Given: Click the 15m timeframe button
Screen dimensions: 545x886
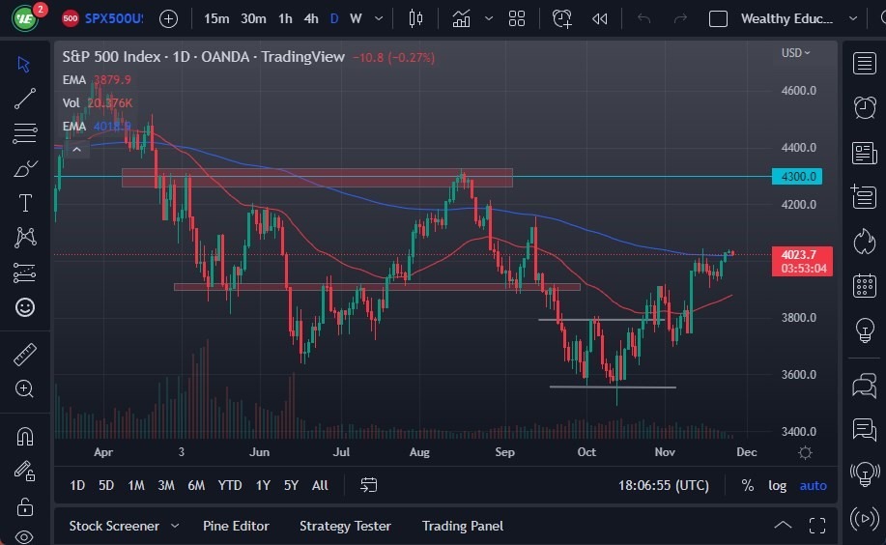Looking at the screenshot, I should click(x=217, y=18).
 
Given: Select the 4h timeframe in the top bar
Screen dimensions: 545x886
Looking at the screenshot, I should click(x=310, y=18).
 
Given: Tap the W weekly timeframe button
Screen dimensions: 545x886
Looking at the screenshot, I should click(x=356, y=18).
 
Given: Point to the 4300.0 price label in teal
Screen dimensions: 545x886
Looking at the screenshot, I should click(x=799, y=176).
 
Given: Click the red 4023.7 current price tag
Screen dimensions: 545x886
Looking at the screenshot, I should click(x=801, y=255).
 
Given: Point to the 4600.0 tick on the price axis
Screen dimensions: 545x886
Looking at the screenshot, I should click(x=799, y=91).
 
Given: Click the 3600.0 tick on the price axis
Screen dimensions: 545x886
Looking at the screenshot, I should click(x=799, y=375).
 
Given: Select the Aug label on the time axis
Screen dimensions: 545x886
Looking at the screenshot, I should click(x=418, y=451).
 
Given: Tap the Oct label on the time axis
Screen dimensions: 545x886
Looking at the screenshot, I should click(x=586, y=451).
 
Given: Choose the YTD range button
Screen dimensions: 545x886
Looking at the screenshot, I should click(x=230, y=485).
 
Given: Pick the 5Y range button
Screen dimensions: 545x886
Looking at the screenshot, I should click(x=291, y=485).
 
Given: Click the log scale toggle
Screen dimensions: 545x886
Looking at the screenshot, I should click(x=777, y=485).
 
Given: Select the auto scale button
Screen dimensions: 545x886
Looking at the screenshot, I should click(x=813, y=485).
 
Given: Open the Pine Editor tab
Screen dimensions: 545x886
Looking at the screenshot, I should click(x=236, y=526).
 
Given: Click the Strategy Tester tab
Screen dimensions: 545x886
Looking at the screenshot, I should click(x=345, y=526).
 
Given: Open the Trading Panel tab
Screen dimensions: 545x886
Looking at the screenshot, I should click(x=462, y=526).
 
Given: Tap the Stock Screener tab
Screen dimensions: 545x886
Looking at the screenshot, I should click(x=114, y=526).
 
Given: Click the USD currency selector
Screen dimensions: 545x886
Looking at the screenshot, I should click(x=795, y=53).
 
